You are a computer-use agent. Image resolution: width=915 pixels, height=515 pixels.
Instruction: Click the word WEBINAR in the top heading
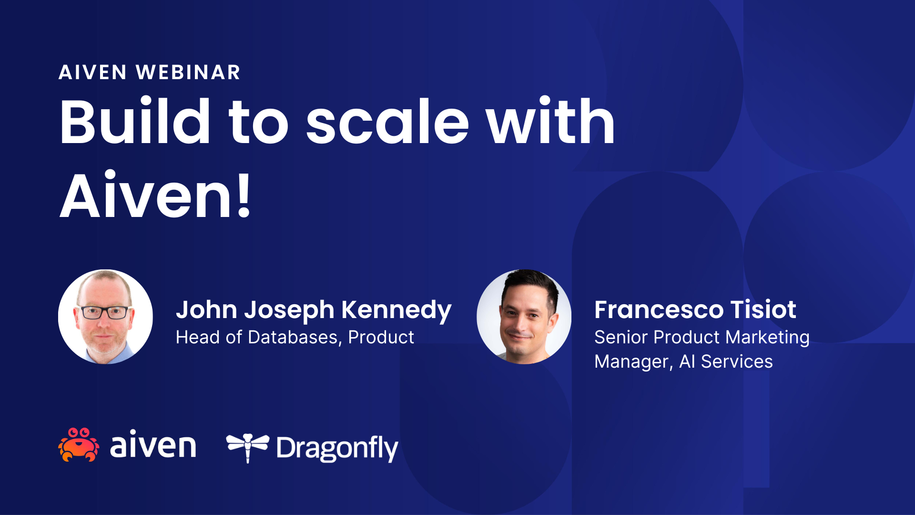click(x=188, y=72)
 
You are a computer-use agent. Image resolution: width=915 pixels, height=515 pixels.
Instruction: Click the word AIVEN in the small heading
click(x=92, y=72)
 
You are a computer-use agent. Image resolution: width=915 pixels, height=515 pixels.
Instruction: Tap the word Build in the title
click(x=134, y=122)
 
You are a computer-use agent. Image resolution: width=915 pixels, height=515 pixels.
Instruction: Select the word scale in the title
click(x=387, y=122)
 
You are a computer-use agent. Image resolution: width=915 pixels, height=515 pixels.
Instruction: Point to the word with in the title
click(x=550, y=122)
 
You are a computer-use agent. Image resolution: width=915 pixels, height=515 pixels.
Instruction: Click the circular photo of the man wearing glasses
click(x=105, y=317)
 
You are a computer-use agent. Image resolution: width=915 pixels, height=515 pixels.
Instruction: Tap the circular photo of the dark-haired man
click(x=524, y=317)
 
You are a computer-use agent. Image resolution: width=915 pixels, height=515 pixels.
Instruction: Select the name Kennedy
click(x=396, y=310)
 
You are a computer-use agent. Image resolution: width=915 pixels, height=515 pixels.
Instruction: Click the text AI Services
click(x=725, y=361)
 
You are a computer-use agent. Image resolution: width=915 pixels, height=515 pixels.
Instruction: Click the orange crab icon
click(x=79, y=445)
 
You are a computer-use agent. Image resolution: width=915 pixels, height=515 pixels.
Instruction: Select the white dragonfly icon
click(x=247, y=446)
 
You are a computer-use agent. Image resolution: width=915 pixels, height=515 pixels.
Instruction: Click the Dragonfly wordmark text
click(x=336, y=448)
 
